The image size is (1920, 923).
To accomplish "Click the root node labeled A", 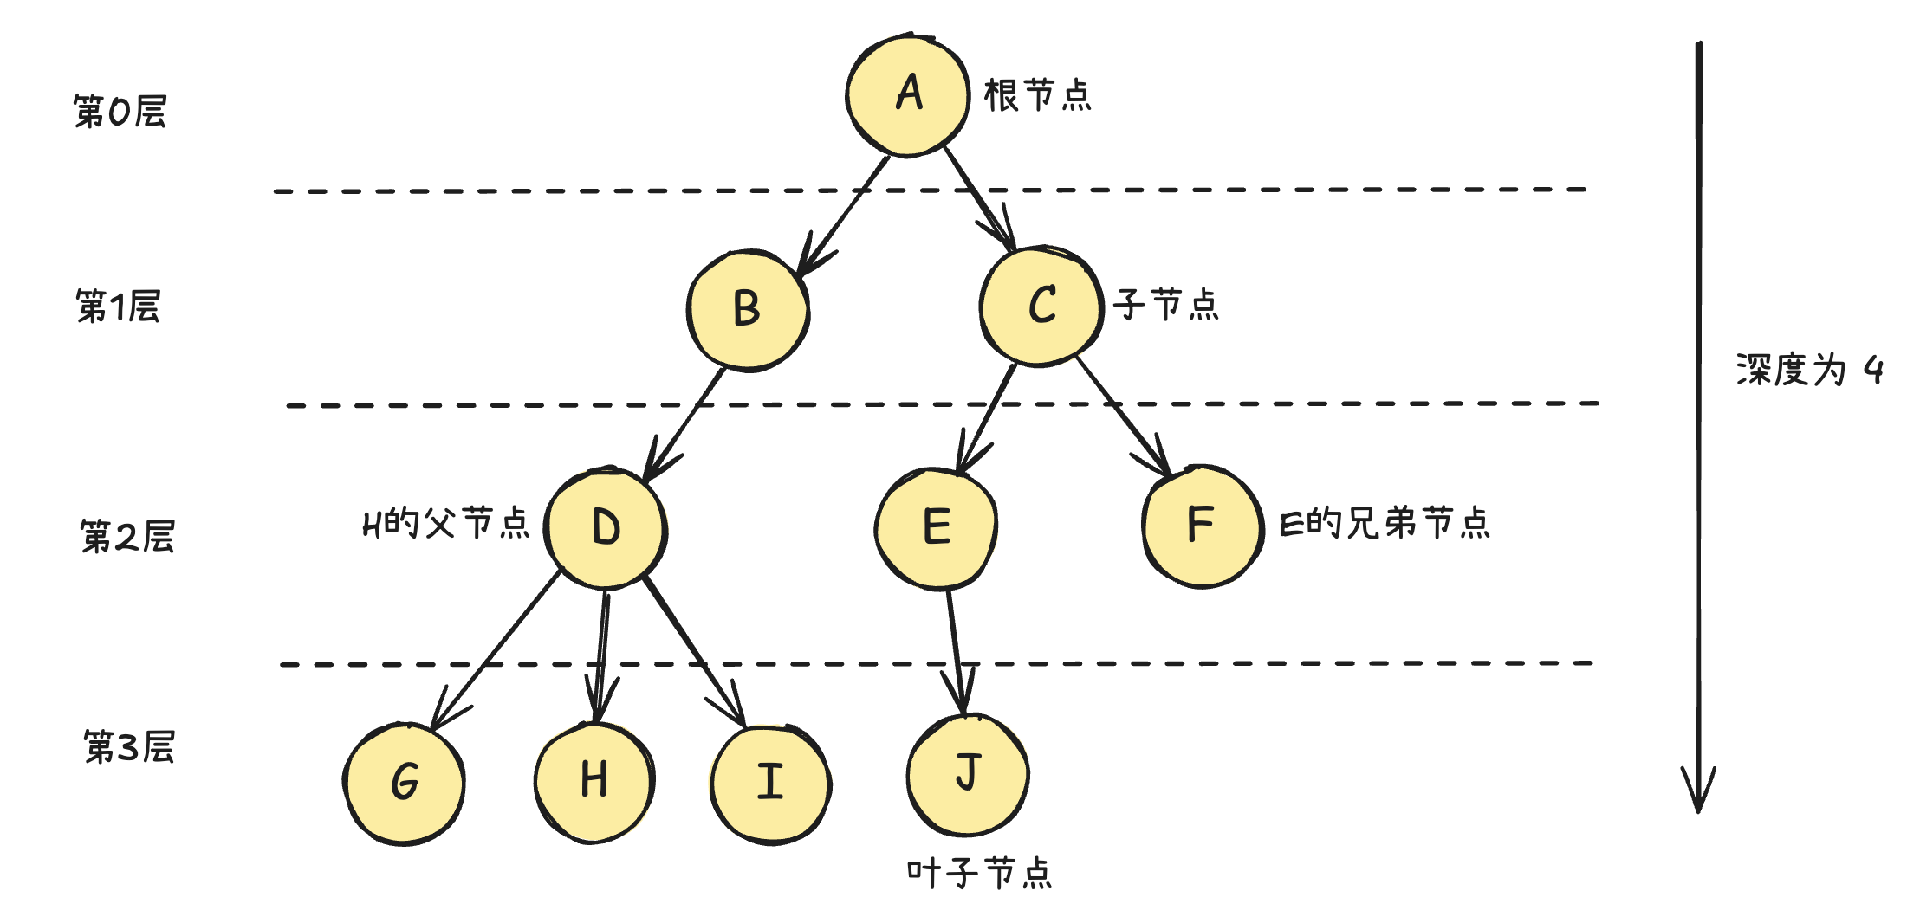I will tap(908, 95).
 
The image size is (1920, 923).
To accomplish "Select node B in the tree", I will tap(748, 310).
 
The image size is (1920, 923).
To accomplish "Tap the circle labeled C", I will tap(1041, 306).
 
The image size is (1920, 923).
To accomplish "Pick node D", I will tap(606, 528).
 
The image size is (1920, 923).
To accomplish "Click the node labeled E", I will tap(936, 527).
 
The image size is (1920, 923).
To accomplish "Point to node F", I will tap(1202, 526).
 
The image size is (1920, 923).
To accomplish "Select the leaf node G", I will tap(405, 783).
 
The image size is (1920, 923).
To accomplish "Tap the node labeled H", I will tap(594, 781).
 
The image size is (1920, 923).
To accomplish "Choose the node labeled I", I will tap(770, 783).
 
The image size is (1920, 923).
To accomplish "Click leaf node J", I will tap(968, 773).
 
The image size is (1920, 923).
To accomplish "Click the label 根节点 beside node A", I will tap(1038, 95).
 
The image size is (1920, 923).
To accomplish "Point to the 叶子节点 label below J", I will tap(980, 873).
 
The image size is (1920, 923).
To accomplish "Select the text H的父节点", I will tap(446, 524).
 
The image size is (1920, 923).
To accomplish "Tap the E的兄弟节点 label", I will tap(1385, 524).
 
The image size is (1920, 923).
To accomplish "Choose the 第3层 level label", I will tap(129, 747).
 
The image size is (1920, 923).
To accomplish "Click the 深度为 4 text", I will tap(1809, 371).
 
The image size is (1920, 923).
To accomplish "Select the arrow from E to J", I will tap(956, 649).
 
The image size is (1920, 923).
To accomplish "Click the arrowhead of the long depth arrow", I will tap(1698, 792).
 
